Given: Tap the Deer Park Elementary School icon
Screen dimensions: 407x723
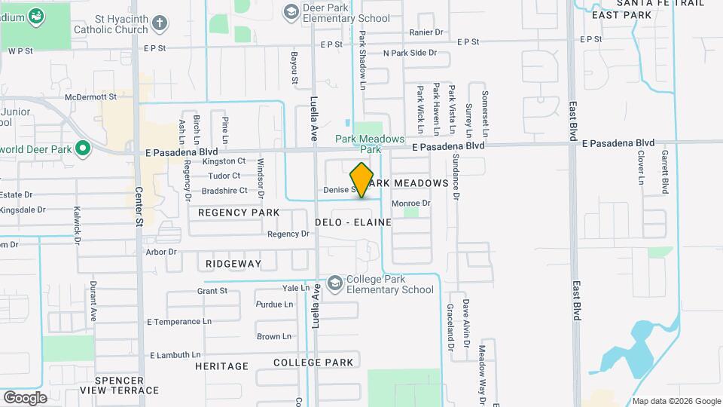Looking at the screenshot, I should (291, 11).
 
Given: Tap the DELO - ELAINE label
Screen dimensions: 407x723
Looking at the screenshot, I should (354, 222).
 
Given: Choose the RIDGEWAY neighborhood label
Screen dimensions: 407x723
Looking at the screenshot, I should (233, 264).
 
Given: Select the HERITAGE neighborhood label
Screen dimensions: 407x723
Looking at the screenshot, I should (221, 366).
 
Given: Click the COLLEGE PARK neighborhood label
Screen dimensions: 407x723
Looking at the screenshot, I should (313, 363).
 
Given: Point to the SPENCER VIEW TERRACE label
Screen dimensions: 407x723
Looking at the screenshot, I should (127, 384).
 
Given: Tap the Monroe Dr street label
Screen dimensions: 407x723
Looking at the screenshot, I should (410, 203).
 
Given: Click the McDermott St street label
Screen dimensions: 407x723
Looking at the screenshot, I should (91, 96).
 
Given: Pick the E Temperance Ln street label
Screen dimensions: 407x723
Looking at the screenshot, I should (174, 321).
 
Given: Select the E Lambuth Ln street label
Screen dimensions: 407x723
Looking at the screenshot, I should (175, 355).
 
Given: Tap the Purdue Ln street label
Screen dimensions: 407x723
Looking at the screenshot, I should (274, 304).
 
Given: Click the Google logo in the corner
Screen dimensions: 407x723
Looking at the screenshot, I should (25, 397).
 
